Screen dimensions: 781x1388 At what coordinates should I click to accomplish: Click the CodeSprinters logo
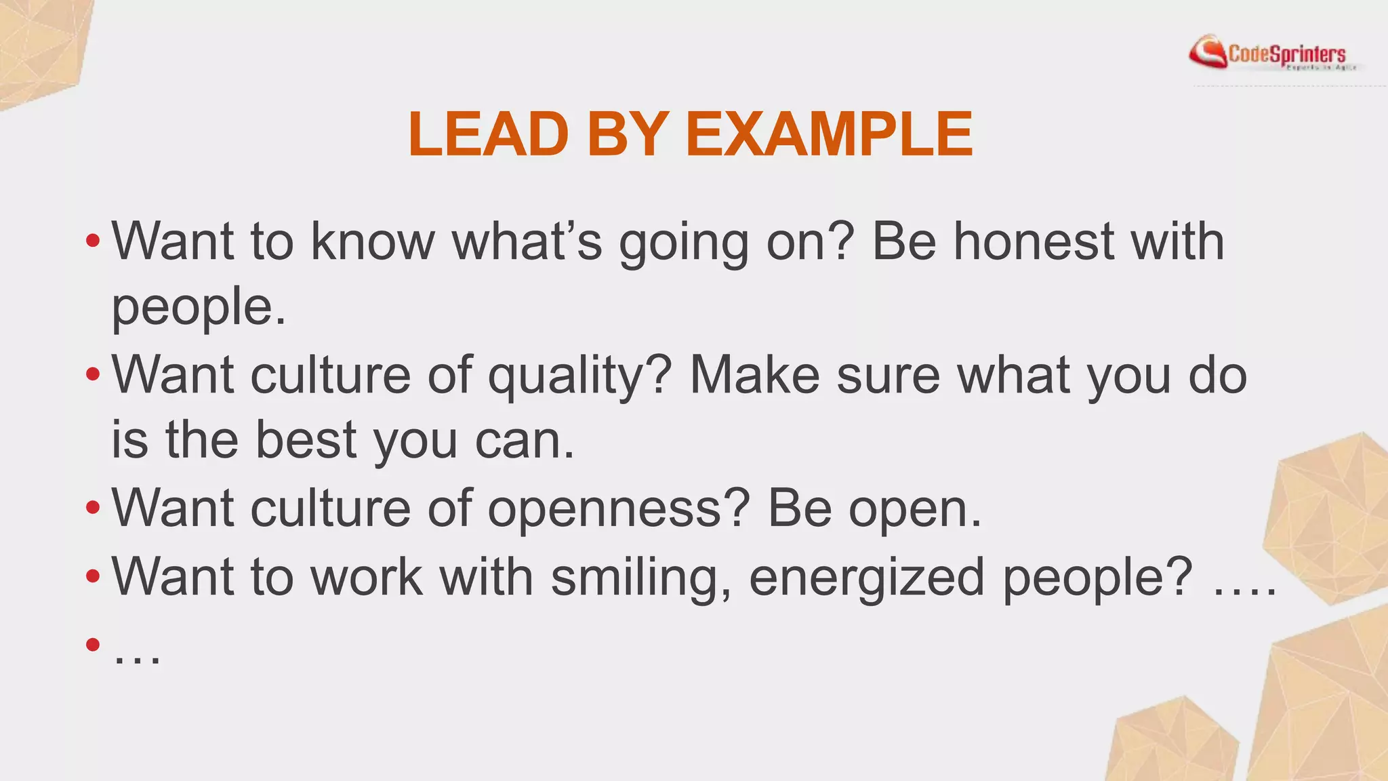1274,54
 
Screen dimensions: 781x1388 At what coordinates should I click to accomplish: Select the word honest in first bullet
1034,241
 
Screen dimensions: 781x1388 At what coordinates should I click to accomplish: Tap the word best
306,440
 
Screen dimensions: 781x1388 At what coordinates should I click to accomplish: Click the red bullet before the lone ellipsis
93,643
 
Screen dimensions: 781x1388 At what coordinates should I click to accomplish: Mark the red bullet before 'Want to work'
93,577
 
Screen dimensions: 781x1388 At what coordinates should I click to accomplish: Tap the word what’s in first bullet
527,241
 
